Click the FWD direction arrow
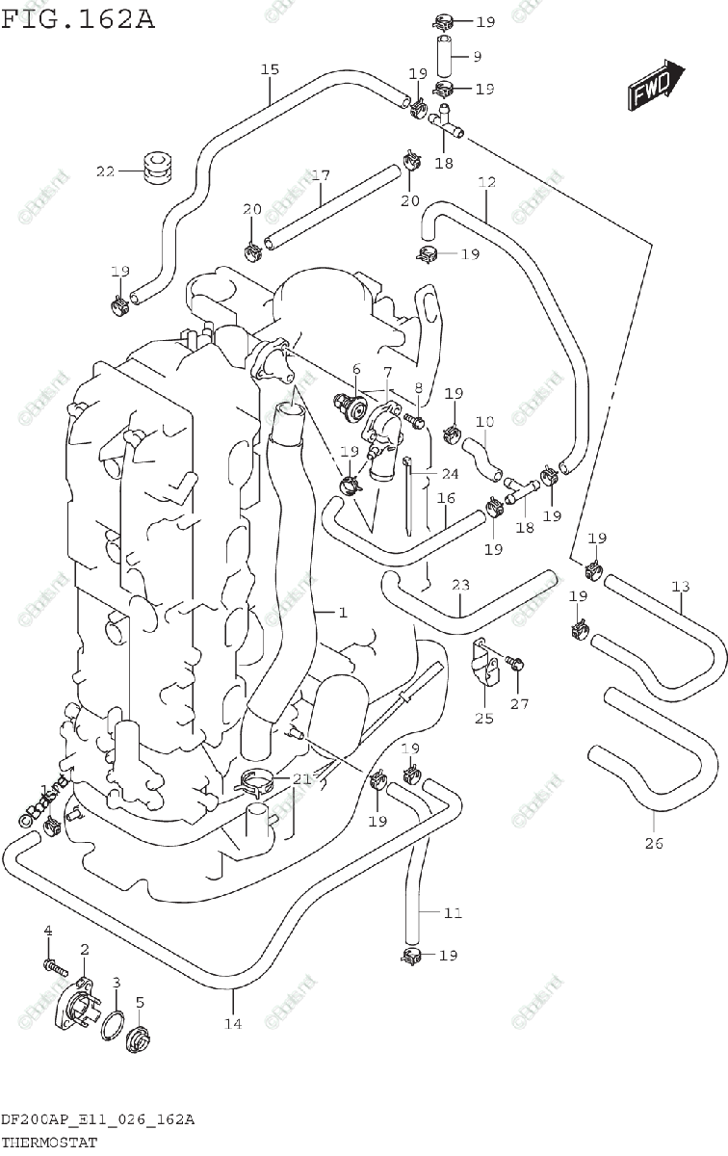coord(657,86)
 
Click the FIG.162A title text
coord(78,18)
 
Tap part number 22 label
coord(105,172)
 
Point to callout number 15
coord(270,69)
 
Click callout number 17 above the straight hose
coord(321,176)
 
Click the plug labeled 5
coord(139,1039)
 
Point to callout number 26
coord(654,845)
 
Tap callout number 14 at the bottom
coord(233,1023)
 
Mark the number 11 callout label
coord(453,912)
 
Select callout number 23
coord(460,585)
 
